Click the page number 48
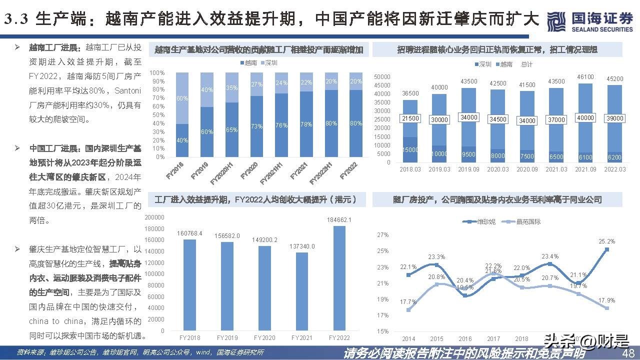pos(628,353)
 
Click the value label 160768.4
pos(189,233)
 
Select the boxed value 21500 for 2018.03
pos(410,118)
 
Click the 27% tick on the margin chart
pos(382,235)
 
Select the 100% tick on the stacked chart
pos(157,73)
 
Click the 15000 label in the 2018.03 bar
pos(410,150)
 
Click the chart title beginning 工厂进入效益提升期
pos(256,199)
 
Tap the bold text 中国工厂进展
pos(52,148)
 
